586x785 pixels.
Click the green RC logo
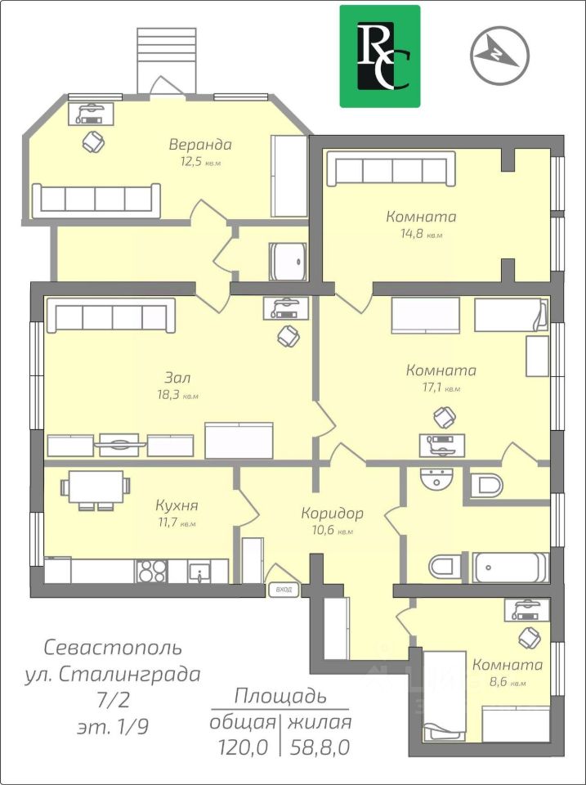pos(380,56)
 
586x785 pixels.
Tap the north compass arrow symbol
pos(499,54)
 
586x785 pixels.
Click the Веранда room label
pos(200,145)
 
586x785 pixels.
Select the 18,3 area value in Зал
pos(168,394)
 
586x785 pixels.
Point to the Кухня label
pos(177,505)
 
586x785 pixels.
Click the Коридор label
pos(332,513)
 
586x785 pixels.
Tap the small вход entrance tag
pos(284,590)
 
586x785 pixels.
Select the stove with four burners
pos(152,571)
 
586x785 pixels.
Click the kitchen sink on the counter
pos(199,572)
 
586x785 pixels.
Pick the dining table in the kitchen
pos(95,491)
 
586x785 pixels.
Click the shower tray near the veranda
pos(289,262)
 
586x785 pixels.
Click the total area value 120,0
pos(244,747)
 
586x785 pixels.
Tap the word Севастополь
pos(113,648)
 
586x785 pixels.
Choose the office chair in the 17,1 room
pos(445,418)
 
